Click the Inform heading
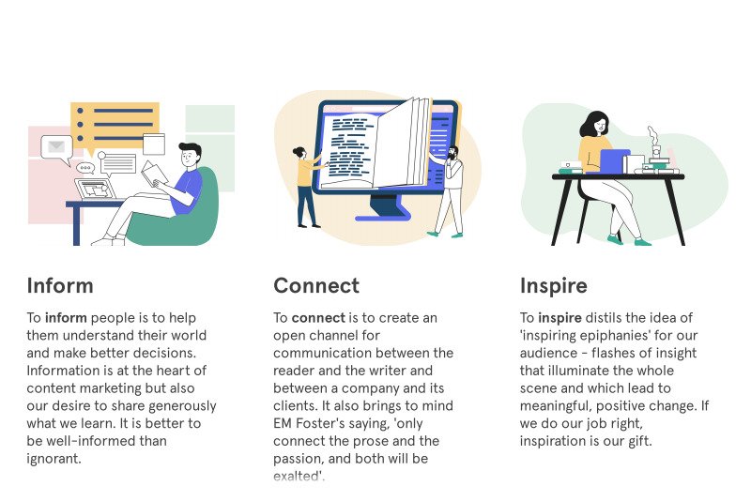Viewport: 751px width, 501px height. (60, 285)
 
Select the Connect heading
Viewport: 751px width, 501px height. (316, 285)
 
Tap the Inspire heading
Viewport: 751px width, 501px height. (554, 285)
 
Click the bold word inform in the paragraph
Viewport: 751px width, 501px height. (65, 318)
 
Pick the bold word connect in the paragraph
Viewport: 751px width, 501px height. (318, 318)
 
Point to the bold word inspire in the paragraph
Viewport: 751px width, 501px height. (559, 318)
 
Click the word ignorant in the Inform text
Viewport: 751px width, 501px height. (54, 460)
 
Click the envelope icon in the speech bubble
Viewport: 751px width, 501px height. (56, 146)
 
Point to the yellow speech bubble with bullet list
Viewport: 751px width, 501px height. (115, 124)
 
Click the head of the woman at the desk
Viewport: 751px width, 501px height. (595, 125)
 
